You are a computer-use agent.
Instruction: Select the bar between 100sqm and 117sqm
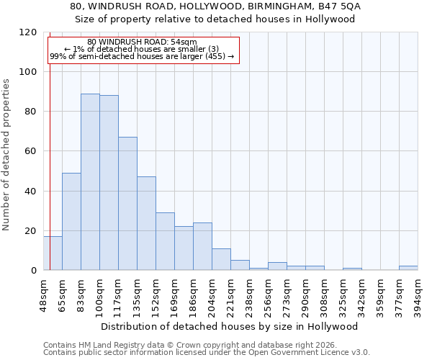tap(109, 183)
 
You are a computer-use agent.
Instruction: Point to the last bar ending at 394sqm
tap(408, 268)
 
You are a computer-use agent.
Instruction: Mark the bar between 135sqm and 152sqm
tap(146, 223)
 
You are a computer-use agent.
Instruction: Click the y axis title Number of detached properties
tap(6, 155)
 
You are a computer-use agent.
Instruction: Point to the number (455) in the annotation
tap(214, 56)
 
